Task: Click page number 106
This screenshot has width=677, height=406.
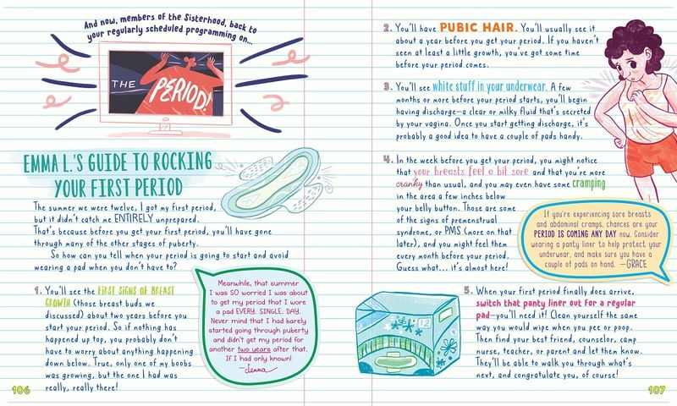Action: coord(20,390)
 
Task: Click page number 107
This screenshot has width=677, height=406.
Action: coord(657,390)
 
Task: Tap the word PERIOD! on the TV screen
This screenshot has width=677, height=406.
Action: coord(180,94)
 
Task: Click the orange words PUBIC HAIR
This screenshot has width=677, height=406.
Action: coord(478,28)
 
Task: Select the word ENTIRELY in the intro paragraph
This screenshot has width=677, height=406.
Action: coord(134,218)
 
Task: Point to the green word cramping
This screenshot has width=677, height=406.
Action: coord(588,184)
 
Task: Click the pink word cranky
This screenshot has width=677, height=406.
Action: coord(409,184)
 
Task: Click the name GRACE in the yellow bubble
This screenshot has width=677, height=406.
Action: coord(636,264)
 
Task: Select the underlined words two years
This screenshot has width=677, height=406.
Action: coord(254,349)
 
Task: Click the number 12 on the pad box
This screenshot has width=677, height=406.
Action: coord(425,323)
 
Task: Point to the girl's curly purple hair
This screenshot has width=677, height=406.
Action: coord(638,44)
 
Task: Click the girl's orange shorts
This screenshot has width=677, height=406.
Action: coord(651,155)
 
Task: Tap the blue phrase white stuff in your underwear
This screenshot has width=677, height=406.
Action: coord(489,86)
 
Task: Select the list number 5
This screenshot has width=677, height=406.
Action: coord(468,290)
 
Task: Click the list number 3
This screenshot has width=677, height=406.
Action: coord(388,87)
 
